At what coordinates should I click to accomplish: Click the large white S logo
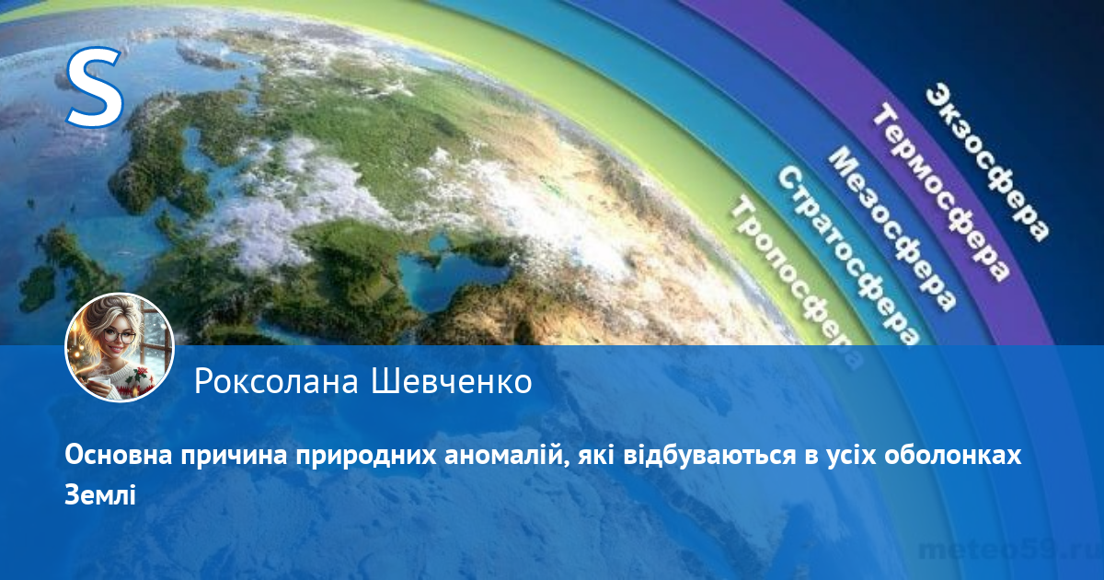95,87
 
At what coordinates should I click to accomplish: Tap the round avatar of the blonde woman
120,347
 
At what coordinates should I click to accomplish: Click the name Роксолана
276,382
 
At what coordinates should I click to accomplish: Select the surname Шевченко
452,382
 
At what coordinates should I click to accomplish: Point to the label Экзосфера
988,164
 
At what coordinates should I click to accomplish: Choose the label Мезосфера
892,230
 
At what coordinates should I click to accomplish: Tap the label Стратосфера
847,257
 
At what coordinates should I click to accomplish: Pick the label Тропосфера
795,281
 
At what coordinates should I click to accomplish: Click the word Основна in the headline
119,455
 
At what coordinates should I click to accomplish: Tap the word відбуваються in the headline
709,455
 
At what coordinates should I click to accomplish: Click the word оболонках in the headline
952,455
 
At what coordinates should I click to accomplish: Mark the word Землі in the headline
100,494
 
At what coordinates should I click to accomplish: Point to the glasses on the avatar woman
119,337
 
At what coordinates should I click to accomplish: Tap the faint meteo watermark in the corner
1010,550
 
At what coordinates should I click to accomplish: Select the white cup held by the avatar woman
101,383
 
